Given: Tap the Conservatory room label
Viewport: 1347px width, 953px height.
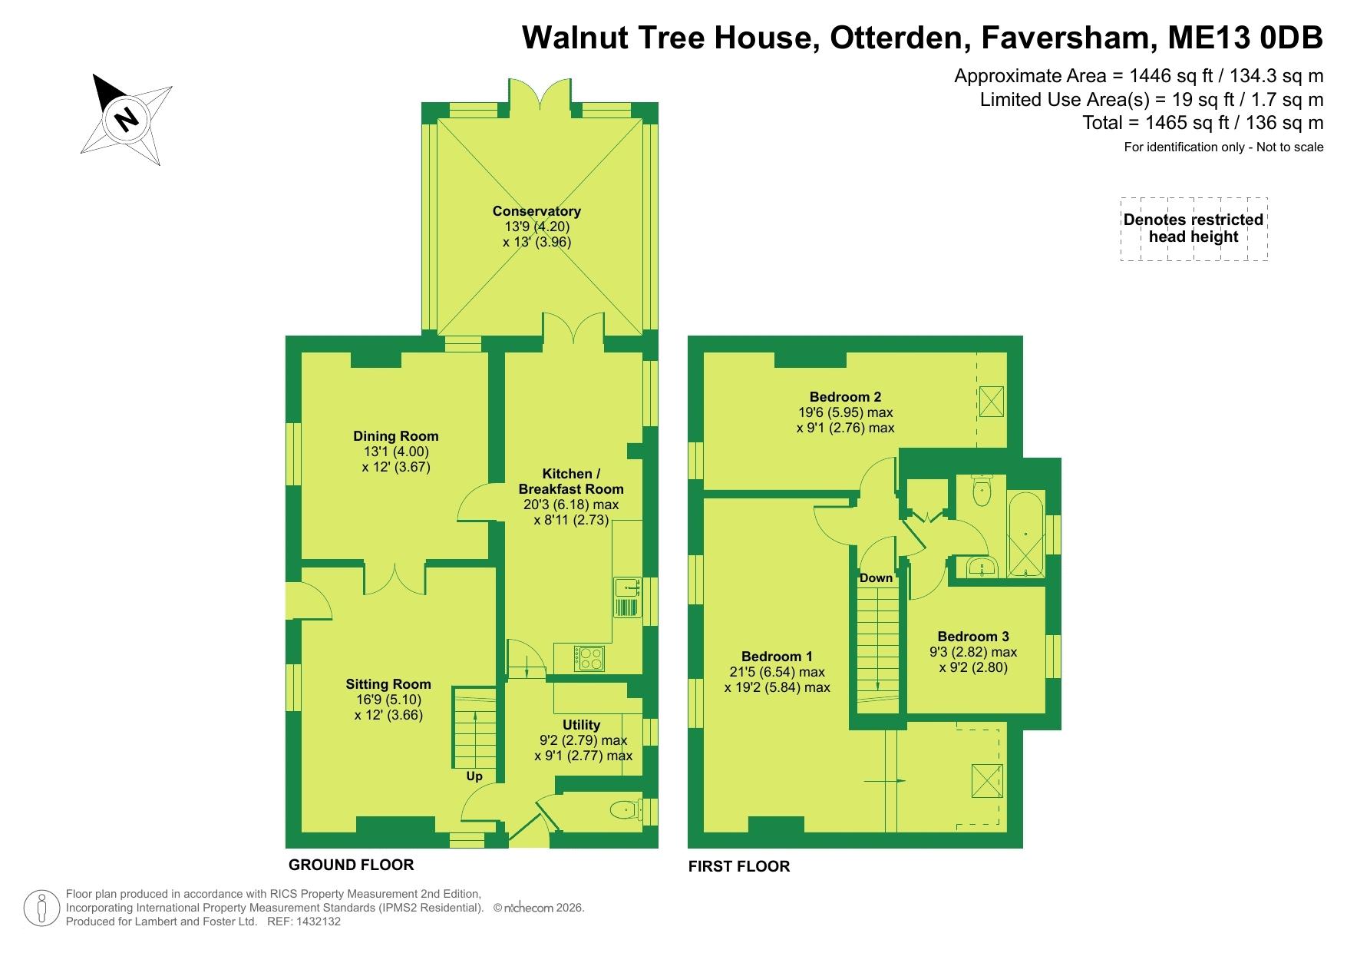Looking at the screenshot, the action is (x=536, y=211).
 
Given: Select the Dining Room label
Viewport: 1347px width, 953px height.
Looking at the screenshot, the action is (x=396, y=436).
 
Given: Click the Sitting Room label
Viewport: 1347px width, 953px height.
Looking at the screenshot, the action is (x=388, y=684).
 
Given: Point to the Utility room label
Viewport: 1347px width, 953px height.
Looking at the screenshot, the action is (x=581, y=725).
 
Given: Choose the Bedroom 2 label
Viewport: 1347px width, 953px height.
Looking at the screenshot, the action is (x=845, y=397).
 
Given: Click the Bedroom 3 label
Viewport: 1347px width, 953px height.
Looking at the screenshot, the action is (x=973, y=637).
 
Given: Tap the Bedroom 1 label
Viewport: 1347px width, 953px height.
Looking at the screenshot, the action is (x=777, y=657).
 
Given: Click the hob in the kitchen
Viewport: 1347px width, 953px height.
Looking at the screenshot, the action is (x=589, y=658).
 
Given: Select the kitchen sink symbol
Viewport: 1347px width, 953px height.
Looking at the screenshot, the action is (x=627, y=597).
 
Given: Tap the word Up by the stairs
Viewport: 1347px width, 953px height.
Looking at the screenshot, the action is (x=474, y=776).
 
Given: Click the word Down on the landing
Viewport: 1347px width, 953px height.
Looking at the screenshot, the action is (x=876, y=577).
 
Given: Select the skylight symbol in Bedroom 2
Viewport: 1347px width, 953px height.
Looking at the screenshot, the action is (x=992, y=401).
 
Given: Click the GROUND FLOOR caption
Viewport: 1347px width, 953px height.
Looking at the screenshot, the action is (x=351, y=865).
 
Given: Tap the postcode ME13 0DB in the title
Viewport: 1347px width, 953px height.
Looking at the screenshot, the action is (x=1245, y=38).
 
